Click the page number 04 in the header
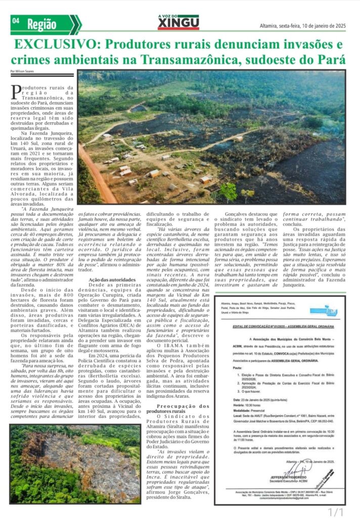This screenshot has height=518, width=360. (x=15, y=21)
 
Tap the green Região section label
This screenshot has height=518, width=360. (x=42, y=23)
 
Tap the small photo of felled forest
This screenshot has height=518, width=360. (x=75, y=463)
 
